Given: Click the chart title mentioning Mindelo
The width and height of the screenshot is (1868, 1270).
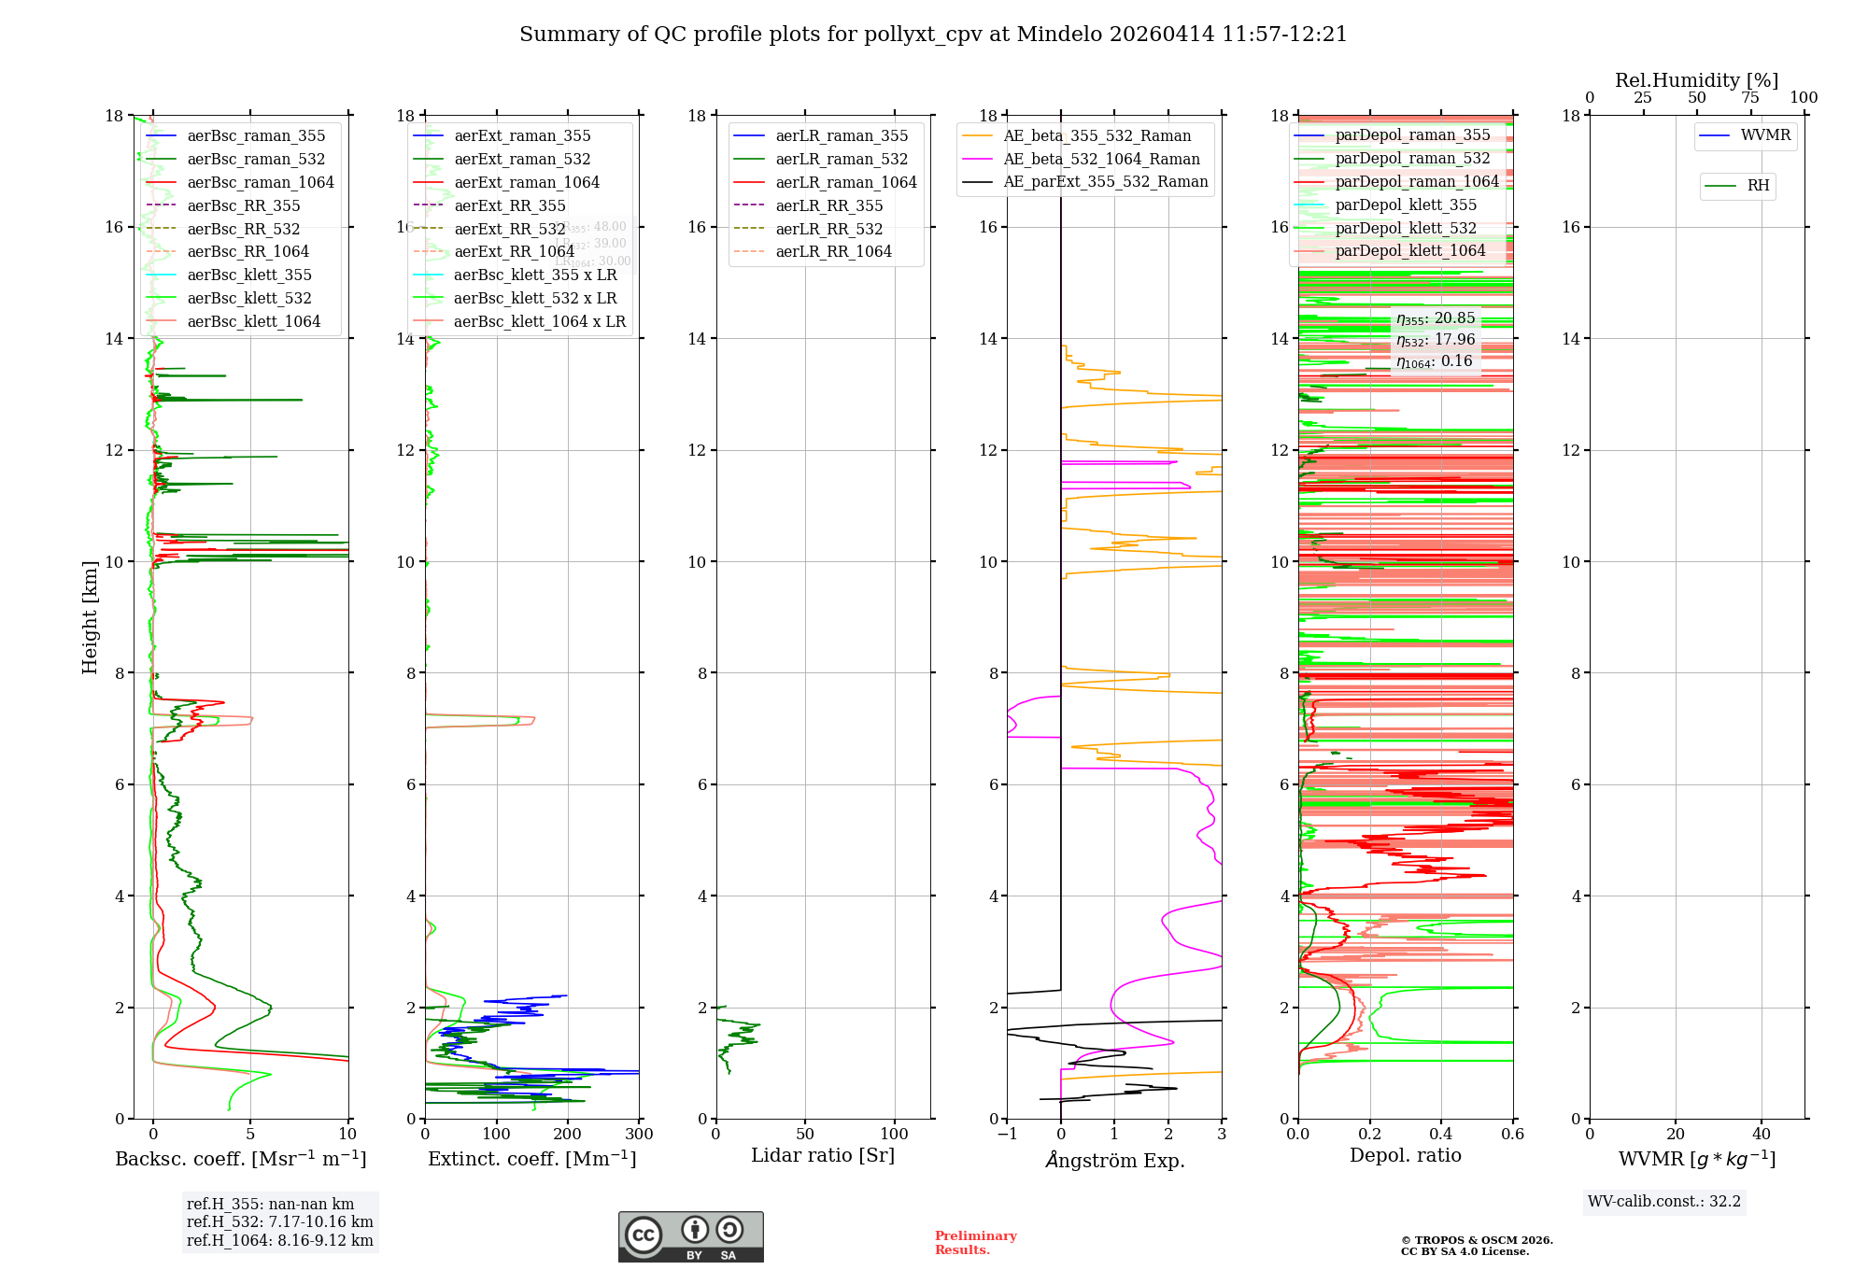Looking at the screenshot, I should pyautogui.click(x=933, y=35).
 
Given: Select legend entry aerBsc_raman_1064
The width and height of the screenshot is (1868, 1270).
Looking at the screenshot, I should pyautogui.click(x=260, y=183).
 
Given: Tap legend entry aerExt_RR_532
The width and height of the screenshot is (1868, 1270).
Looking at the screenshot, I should pyautogui.click(x=509, y=230).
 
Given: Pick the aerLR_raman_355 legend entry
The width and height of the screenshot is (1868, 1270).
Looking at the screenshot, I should pyautogui.click(x=841, y=136).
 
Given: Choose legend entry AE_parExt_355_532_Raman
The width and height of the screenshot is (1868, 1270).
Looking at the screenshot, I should pyautogui.click(x=1105, y=182).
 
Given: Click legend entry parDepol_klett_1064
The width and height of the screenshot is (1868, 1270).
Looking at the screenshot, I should pyautogui.click(x=1409, y=251).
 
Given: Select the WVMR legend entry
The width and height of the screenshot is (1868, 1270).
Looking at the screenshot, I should pyautogui.click(x=1764, y=135).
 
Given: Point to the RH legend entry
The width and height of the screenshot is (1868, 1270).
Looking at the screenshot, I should pyautogui.click(x=1758, y=186).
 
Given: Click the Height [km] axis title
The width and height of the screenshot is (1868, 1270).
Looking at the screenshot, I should pyautogui.click(x=90, y=616).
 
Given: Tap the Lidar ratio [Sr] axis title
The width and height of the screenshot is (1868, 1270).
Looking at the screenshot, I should pyautogui.click(x=823, y=1156).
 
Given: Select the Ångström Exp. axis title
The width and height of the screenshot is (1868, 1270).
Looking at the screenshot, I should pyautogui.click(x=1115, y=1161).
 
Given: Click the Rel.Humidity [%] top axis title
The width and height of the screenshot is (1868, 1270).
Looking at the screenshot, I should pyautogui.click(x=1696, y=81).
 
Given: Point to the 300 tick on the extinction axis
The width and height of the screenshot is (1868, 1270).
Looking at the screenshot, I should pyautogui.click(x=640, y=1135).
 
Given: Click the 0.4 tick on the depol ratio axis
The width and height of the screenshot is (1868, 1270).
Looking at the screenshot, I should pyautogui.click(x=1441, y=1135).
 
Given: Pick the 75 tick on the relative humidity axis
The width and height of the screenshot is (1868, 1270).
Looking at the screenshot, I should pyautogui.click(x=1750, y=98).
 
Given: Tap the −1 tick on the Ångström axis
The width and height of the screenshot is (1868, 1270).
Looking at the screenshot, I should pyautogui.click(x=1007, y=1135).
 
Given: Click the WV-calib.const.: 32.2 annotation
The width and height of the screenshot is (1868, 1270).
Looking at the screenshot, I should pyautogui.click(x=1663, y=1202).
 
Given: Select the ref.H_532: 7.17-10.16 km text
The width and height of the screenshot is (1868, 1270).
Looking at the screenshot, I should pyautogui.click(x=279, y=1222).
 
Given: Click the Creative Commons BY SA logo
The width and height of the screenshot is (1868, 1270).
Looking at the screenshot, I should pyautogui.click(x=690, y=1237).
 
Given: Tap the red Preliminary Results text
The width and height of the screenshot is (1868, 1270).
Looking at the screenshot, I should pyautogui.click(x=975, y=1243).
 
